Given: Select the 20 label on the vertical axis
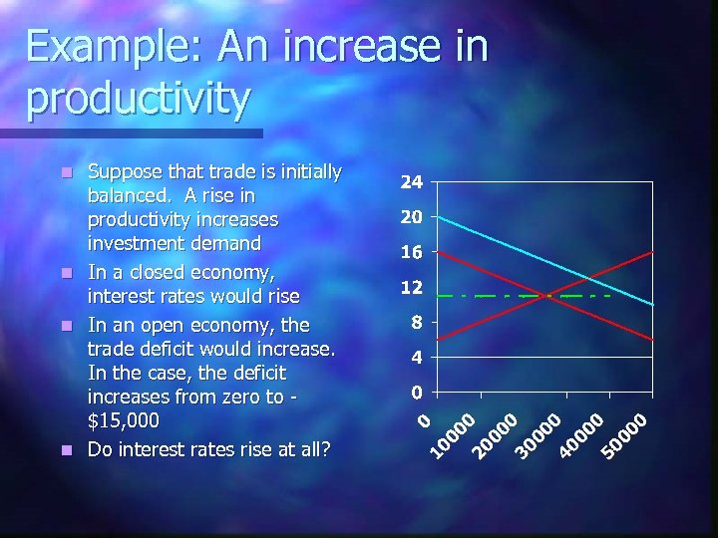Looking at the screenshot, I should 411,217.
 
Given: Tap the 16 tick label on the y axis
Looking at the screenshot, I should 411,253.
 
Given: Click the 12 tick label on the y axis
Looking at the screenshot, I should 411,288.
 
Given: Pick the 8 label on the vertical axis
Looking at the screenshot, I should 417,323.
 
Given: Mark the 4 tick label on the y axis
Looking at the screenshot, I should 417,357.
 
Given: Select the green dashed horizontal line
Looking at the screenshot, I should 469,296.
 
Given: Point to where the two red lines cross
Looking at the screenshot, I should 546,296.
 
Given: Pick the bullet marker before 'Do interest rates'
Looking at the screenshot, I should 67,450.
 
